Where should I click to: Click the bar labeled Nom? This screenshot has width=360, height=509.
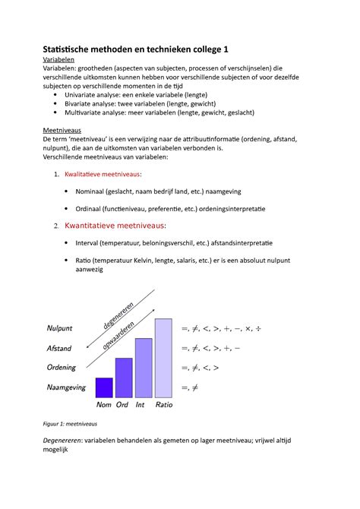(103, 387)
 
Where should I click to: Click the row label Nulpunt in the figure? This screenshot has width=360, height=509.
(59, 328)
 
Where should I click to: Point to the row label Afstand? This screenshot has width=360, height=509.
(59, 349)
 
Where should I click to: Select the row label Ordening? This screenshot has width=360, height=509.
(62, 368)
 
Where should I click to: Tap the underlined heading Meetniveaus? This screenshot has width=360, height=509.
(65, 130)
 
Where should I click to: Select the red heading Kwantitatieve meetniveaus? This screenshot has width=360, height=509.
(115, 226)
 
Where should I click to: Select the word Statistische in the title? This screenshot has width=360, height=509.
(74, 50)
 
